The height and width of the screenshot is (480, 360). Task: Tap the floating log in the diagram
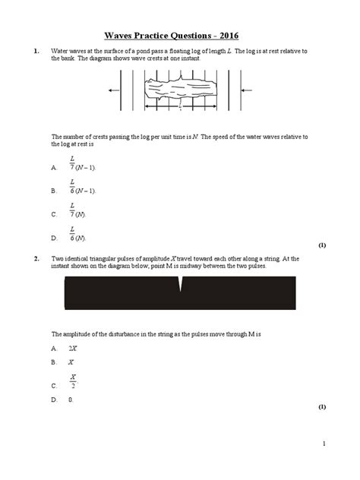click(x=179, y=90)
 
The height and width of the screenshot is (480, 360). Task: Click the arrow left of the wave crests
click(x=115, y=90)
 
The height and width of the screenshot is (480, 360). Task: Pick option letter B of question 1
click(x=53, y=191)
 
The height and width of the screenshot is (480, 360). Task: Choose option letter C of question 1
click(x=53, y=215)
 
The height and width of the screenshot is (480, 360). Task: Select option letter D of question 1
click(x=53, y=238)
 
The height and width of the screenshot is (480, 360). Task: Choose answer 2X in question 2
click(x=72, y=348)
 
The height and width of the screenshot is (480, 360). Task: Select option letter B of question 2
click(x=53, y=362)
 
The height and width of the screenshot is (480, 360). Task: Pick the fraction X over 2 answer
click(x=73, y=381)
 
